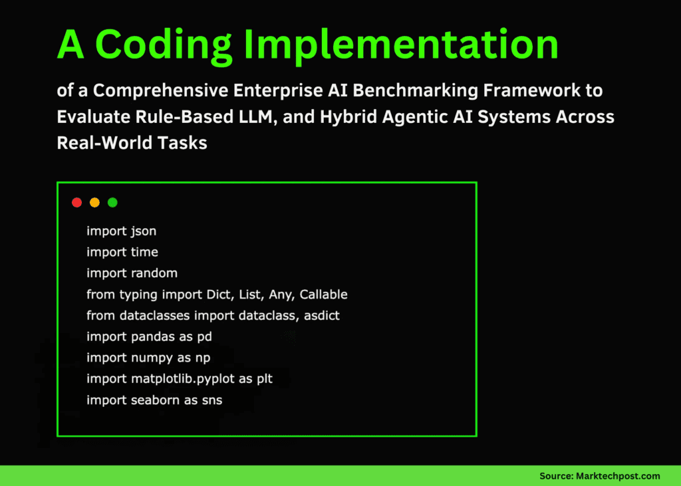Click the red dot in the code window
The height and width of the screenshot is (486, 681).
pyautogui.click(x=77, y=202)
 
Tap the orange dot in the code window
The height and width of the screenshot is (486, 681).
pyautogui.click(x=94, y=202)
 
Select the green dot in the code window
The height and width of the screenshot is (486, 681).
pyautogui.click(x=112, y=202)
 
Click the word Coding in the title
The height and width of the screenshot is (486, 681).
pyautogui.click(x=164, y=45)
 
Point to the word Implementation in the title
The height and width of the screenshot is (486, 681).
pyautogui.click(x=401, y=45)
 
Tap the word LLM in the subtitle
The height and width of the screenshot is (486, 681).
pyautogui.click(x=258, y=117)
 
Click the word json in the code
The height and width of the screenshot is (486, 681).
pyautogui.click(x=144, y=231)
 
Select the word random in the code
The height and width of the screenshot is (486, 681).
pyautogui.click(x=154, y=273)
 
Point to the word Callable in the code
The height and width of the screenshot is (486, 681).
pyautogui.click(x=324, y=295)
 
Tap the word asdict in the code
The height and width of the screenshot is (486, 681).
pyautogui.click(x=322, y=315)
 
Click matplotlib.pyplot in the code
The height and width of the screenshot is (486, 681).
pyautogui.click(x=183, y=379)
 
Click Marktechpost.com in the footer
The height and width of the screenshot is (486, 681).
pyautogui.click(x=618, y=476)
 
